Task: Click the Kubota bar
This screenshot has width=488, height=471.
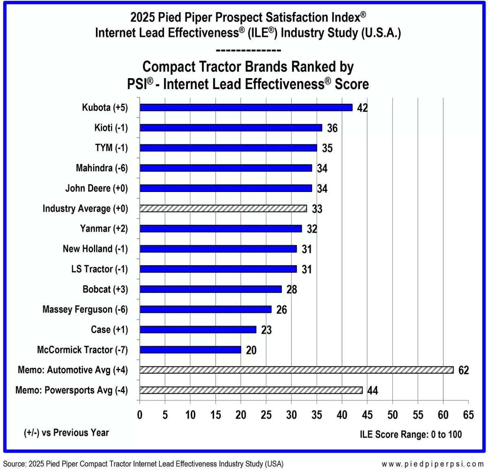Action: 246,107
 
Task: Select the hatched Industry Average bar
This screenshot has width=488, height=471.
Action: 223,208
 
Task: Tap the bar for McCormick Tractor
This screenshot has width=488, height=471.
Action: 190,350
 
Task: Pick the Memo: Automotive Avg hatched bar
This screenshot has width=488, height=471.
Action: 296,370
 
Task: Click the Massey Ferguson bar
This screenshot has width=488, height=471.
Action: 205,310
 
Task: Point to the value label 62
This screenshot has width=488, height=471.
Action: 464,370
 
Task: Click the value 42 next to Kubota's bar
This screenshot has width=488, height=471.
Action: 362,108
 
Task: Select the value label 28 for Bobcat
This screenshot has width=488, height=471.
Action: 292,290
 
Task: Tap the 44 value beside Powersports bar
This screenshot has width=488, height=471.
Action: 373,390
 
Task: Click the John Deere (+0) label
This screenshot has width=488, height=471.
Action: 97,188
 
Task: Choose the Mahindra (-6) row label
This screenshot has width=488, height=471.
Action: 102,168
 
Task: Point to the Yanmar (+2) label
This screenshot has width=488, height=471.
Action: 104,229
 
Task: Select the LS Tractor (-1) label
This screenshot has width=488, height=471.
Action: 99,269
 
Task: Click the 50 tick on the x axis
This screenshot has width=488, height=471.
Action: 392,415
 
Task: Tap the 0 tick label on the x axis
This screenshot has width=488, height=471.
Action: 140,415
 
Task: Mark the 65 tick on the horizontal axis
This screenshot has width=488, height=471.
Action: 468,415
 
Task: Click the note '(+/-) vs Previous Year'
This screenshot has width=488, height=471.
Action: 66,433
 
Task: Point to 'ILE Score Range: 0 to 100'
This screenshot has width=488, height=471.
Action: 411,434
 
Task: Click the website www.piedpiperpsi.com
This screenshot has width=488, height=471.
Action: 432,464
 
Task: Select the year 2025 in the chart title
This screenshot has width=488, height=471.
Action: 142,17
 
